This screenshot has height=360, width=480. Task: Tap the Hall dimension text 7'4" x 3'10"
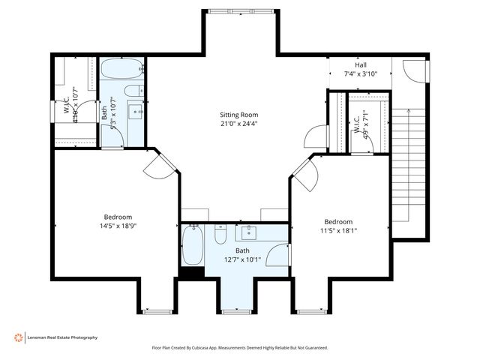[360, 73]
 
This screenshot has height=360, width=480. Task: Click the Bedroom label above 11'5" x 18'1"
[339, 221]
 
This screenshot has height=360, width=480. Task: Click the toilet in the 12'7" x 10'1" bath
[220, 235]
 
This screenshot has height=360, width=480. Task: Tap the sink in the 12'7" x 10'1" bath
[247, 232]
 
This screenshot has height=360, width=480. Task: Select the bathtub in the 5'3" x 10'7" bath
[121, 71]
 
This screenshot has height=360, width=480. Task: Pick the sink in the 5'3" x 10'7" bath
[138, 112]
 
